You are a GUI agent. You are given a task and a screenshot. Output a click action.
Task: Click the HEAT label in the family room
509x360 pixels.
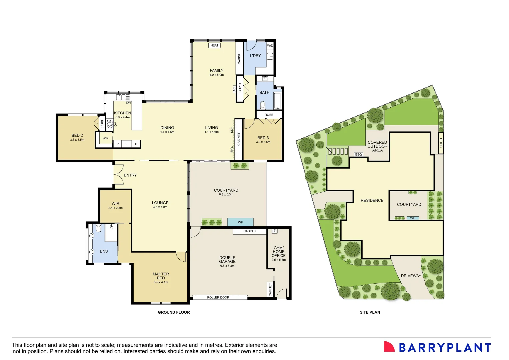(x=214, y=45)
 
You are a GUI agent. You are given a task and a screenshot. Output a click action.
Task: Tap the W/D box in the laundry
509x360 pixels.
(x=270, y=46)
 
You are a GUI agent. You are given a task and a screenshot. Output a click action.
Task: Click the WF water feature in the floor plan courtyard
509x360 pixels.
(x=240, y=222)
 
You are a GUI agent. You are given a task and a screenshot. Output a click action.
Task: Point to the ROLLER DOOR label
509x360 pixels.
(x=218, y=297)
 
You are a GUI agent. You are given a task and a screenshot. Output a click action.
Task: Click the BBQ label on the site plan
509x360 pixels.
(x=358, y=154)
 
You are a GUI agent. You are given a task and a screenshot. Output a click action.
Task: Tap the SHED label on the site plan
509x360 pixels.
(x=441, y=143)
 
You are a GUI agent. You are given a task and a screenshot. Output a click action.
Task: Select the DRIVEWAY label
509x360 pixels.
(x=411, y=276)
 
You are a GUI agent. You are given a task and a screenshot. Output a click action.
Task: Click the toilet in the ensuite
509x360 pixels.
(x=98, y=229)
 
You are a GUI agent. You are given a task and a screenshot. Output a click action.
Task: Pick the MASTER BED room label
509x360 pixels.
(x=161, y=276)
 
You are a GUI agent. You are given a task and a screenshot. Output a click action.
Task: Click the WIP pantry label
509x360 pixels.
(x=105, y=138)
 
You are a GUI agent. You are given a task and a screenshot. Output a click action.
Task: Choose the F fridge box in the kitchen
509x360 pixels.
(x=127, y=144)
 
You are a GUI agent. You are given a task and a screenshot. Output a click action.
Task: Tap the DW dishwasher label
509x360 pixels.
(x=128, y=103)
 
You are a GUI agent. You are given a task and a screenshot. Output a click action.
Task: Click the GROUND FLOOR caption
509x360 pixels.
(x=174, y=312)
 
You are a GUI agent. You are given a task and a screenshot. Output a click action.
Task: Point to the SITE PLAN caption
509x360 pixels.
(x=370, y=312)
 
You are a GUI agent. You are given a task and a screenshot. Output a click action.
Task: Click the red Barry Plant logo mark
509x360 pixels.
(x=389, y=347)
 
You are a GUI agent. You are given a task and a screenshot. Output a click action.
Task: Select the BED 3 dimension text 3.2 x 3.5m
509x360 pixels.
(x=263, y=142)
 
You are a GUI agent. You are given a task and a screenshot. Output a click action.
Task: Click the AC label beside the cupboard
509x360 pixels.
(x=234, y=89)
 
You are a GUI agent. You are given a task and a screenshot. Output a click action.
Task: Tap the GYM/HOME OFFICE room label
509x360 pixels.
(x=279, y=252)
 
